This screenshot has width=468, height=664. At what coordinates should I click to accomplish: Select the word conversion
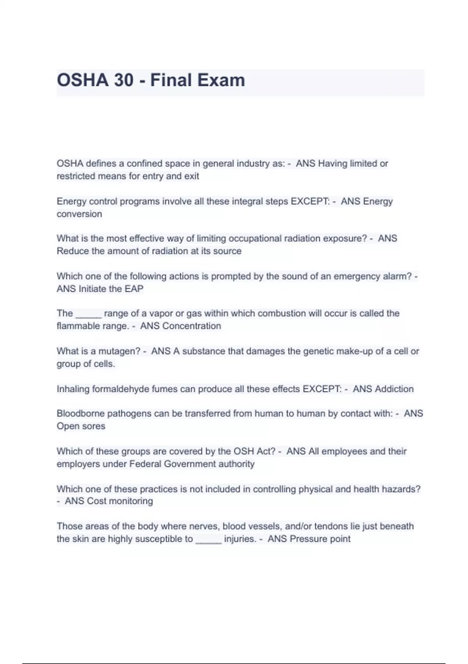pos(79,214)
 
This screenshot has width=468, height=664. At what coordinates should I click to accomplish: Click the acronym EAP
pos(134,289)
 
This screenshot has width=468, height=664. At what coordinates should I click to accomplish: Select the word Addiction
pos(394,389)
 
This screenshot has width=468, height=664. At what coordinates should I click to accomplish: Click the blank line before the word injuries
pos(208,541)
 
